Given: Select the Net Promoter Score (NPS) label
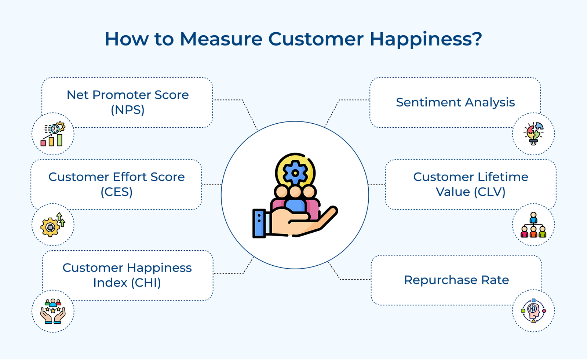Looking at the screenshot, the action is click(x=128, y=102).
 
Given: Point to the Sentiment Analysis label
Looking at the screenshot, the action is click(x=455, y=102).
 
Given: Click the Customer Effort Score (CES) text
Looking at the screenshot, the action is click(x=117, y=184).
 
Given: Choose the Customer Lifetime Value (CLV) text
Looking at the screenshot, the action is click(x=471, y=184).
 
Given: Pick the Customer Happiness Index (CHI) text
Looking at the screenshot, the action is click(x=127, y=275).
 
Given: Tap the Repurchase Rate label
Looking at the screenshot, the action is click(x=456, y=280).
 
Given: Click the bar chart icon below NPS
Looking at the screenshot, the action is click(x=53, y=134).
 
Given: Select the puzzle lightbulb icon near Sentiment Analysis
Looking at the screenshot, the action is click(x=533, y=134).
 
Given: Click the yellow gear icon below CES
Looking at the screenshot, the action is click(x=53, y=225).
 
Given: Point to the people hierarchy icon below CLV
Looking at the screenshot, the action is click(x=533, y=225).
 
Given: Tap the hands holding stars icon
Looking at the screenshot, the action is click(x=53, y=311).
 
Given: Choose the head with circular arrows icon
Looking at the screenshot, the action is click(x=533, y=311).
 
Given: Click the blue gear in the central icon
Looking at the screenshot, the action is click(x=295, y=173).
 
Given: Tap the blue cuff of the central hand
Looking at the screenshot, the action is click(x=259, y=223).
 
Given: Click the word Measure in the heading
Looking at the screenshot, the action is click(x=222, y=39).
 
